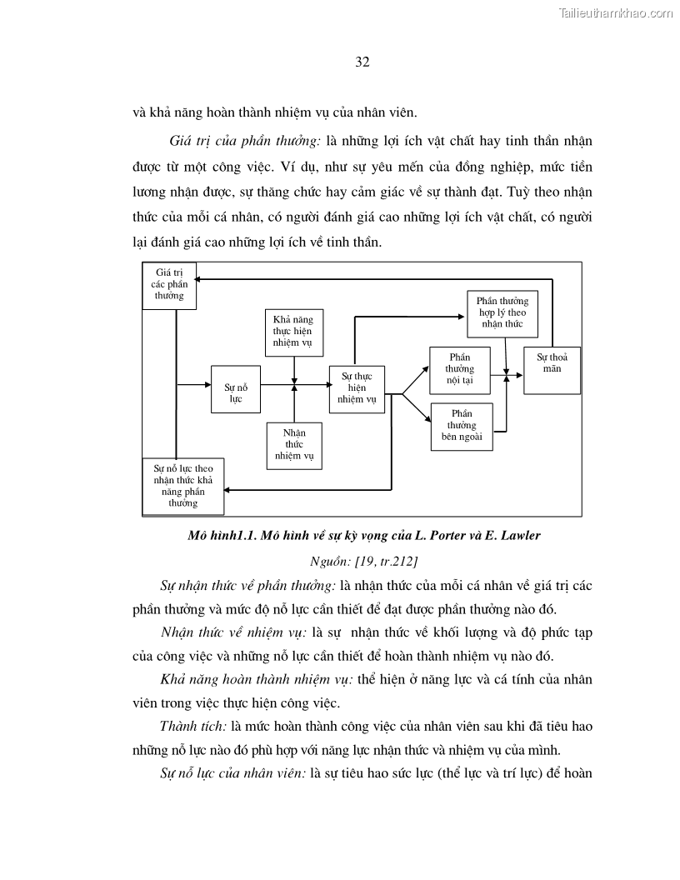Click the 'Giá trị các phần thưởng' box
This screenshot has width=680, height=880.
tap(169, 286)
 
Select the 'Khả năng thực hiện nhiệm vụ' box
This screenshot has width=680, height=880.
tap(294, 331)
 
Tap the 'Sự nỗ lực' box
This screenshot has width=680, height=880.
tap(236, 388)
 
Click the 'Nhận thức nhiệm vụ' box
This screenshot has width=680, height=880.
tap(293, 446)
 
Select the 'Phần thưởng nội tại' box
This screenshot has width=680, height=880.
tap(459, 369)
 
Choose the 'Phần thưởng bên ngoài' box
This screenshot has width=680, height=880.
tap(461, 427)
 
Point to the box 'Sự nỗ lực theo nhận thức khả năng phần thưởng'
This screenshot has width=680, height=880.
tap(183, 487)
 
